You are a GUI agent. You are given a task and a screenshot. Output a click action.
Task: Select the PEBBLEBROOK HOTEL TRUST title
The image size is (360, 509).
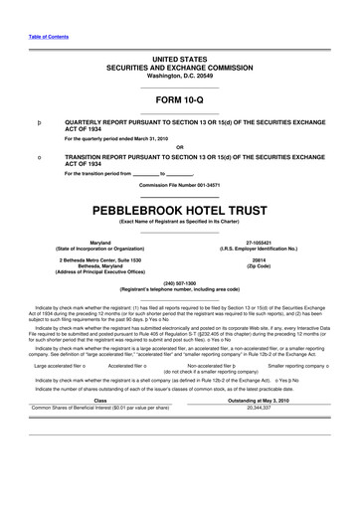(x=180, y=212)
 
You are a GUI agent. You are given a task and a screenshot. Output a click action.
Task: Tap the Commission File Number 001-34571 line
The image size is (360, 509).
(x=180, y=186)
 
